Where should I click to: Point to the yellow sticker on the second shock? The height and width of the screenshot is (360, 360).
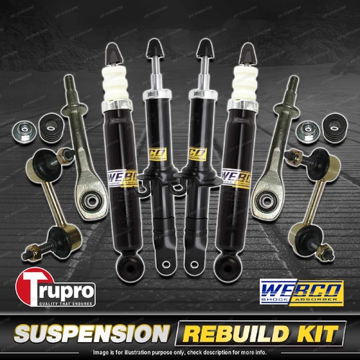coord(154,154)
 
